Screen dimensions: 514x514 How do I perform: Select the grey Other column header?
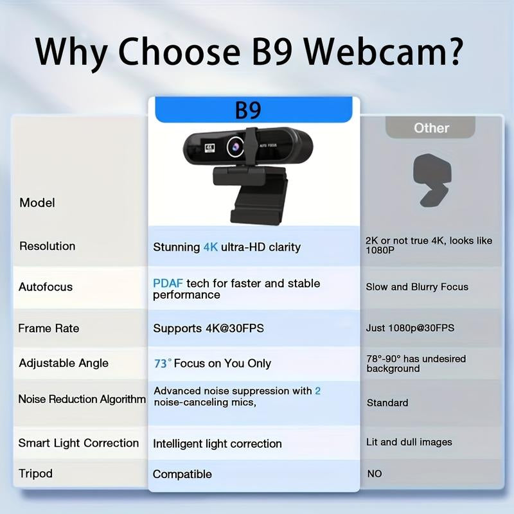click(430, 128)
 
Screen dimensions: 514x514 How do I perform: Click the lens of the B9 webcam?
click(234, 147)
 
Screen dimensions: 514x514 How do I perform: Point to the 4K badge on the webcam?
click(209, 146)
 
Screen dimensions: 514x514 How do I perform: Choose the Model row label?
click(37, 203)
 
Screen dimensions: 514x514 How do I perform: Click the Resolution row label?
click(47, 246)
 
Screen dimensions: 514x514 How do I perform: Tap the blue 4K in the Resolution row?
click(211, 247)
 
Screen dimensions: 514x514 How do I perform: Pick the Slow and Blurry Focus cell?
click(417, 287)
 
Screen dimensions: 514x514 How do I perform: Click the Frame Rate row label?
click(49, 328)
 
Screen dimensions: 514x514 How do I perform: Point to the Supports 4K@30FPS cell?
click(208, 328)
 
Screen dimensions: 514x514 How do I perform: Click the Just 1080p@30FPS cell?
click(410, 328)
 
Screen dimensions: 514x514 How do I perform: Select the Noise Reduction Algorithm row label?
click(82, 400)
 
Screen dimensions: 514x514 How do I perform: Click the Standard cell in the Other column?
click(387, 403)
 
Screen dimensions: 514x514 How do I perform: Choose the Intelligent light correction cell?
click(217, 444)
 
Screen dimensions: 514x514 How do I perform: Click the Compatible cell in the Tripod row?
click(182, 474)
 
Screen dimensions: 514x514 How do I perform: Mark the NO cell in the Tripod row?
click(374, 474)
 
